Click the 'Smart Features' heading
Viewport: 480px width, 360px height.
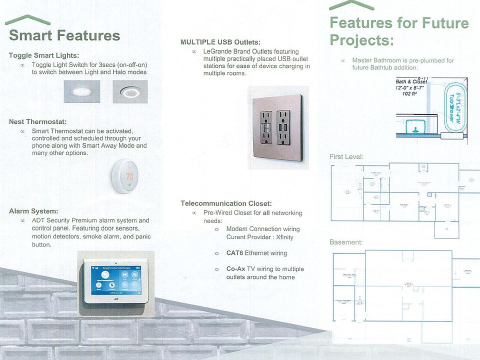point(64,36)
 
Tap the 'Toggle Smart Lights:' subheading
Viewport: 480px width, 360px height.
point(44,55)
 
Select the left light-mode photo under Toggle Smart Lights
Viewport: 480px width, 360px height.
point(81,92)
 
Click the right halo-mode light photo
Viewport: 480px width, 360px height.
point(130,92)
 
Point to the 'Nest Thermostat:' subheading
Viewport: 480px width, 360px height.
point(38,121)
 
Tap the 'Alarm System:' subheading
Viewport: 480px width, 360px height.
point(33,211)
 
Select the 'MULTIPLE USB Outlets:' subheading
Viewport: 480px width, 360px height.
point(220,42)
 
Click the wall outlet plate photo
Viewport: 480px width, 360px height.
point(278,127)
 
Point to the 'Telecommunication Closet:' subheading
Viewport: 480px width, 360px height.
point(226,203)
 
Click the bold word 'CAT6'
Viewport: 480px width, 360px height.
point(234,253)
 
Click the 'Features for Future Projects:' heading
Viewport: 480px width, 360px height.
point(398,31)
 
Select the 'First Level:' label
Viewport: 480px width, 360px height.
point(346,157)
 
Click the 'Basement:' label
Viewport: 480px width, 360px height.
point(346,242)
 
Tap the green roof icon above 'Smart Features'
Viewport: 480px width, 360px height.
point(27,20)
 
